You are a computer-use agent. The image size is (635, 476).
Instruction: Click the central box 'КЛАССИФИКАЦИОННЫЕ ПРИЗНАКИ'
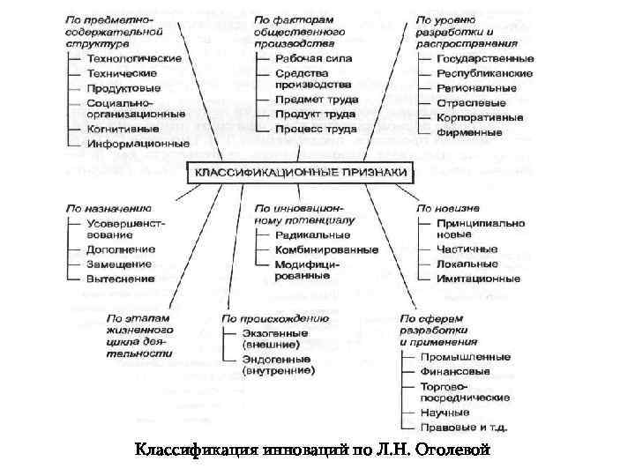300,172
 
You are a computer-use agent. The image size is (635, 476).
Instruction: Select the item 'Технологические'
134,58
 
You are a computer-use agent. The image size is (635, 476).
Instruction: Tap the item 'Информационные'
138,143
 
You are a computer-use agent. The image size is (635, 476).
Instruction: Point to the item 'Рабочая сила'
313,58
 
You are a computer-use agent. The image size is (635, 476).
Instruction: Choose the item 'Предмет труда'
316,100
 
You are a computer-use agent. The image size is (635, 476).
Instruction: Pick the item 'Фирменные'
469,133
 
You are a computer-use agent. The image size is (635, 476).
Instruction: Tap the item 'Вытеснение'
121,279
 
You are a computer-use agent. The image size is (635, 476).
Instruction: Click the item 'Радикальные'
312,235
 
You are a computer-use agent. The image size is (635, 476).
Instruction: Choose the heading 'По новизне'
449,208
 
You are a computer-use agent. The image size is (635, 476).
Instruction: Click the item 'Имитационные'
478,279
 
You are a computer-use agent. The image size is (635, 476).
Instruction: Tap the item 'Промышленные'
465,357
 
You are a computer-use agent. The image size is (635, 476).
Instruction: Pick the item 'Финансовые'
455,371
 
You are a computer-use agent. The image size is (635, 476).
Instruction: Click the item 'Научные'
444,413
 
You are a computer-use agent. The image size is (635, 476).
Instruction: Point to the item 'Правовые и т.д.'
464,428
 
